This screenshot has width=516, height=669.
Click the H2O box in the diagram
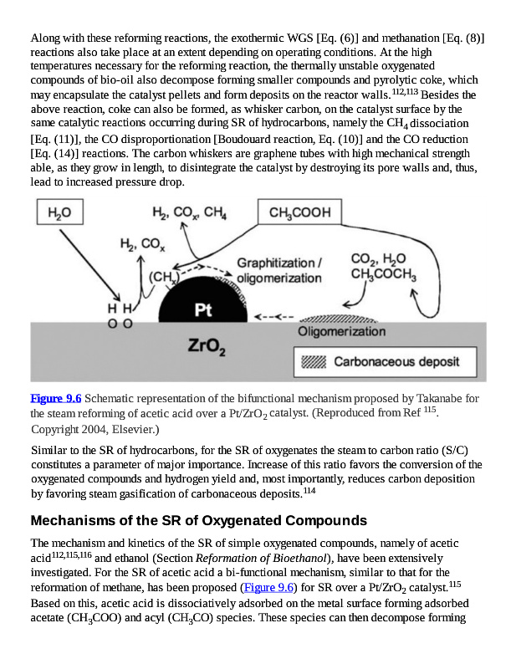pyautogui.click(x=59, y=214)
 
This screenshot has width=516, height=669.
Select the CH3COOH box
pyautogui.click(x=300, y=213)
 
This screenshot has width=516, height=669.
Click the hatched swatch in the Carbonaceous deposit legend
pyautogui.click(x=314, y=362)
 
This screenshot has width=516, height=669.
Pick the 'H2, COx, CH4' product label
pyautogui.click(x=189, y=213)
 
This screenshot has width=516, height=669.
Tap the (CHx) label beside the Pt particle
pyautogui.click(x=163, y=276)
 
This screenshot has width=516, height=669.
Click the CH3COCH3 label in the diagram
pyautogui.click(x=384, y=274)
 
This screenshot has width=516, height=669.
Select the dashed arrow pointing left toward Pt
pyautogui.click(x=274, y=317)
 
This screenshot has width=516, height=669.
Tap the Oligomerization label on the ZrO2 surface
pyautogui.click(x=342, y=332)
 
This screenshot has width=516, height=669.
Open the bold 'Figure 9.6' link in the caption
pyautogui.click(x=55, y=398)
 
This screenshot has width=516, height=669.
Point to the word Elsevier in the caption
pyautogui.click(x=134, y=429)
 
